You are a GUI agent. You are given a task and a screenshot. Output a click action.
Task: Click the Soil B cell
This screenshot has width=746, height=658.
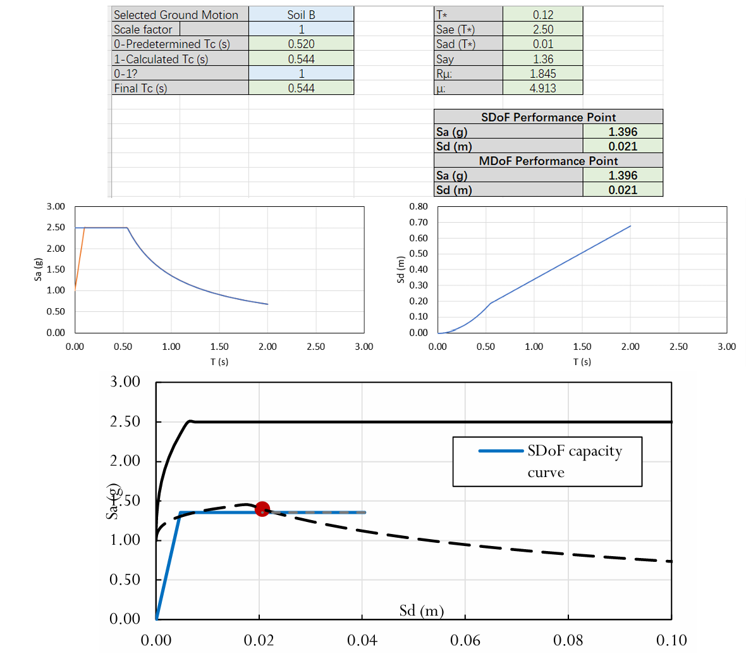pyautogui.click(x=301, y=15)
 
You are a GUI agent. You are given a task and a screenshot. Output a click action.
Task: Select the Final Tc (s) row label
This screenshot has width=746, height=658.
pyautogui.click(x=140, y=89)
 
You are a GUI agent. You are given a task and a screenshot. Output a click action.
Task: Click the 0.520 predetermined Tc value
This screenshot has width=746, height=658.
pyautogui.click(x=301, y=44)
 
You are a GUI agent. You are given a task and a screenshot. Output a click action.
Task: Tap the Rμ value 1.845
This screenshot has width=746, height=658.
pyautogui.click(x=542, y=73)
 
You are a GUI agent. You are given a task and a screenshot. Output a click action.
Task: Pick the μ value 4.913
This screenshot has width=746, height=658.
pyautogui.click(x=542, y=89)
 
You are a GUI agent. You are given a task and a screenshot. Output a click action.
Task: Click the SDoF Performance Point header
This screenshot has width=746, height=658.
pyautogui.click(x=548, y=117)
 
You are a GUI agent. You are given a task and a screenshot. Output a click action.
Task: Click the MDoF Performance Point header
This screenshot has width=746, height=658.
pyautogui.click(x=548, y=161)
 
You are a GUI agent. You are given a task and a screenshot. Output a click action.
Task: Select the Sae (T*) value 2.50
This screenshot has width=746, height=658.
pyautogui.click(x=542, y=30)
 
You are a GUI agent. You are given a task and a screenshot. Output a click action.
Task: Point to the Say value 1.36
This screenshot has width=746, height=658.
pyautogui.click(x=542, y=59)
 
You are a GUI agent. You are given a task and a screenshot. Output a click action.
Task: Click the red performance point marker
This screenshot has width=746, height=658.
pyautogui.click(x=262, y=509)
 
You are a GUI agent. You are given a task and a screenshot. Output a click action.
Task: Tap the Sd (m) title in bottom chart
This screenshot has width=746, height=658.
pyautogui.click(x=422, y=611)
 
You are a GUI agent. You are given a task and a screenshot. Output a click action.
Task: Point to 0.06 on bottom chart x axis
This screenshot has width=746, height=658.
pyautogui.click(x=465, y=640)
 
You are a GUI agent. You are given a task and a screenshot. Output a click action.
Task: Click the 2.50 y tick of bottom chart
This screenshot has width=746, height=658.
pyautogui.click(x=125, y=421)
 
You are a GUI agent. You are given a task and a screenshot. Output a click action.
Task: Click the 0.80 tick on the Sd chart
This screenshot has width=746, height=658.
pyautogui.click(x=419, y=207)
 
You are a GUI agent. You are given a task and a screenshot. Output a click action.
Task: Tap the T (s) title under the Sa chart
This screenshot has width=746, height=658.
pyautogui.click(x=219, y=362)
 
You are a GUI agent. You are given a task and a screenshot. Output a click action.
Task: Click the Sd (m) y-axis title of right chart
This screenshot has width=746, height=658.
pyautogui.click(x=400, y=270)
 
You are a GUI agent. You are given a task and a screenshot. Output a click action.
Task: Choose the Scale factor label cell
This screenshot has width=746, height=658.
pyautogui.click(x=143, y=30)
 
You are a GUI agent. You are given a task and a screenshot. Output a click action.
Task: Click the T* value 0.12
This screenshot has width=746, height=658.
pyautogui.click(x=542, y=15)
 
